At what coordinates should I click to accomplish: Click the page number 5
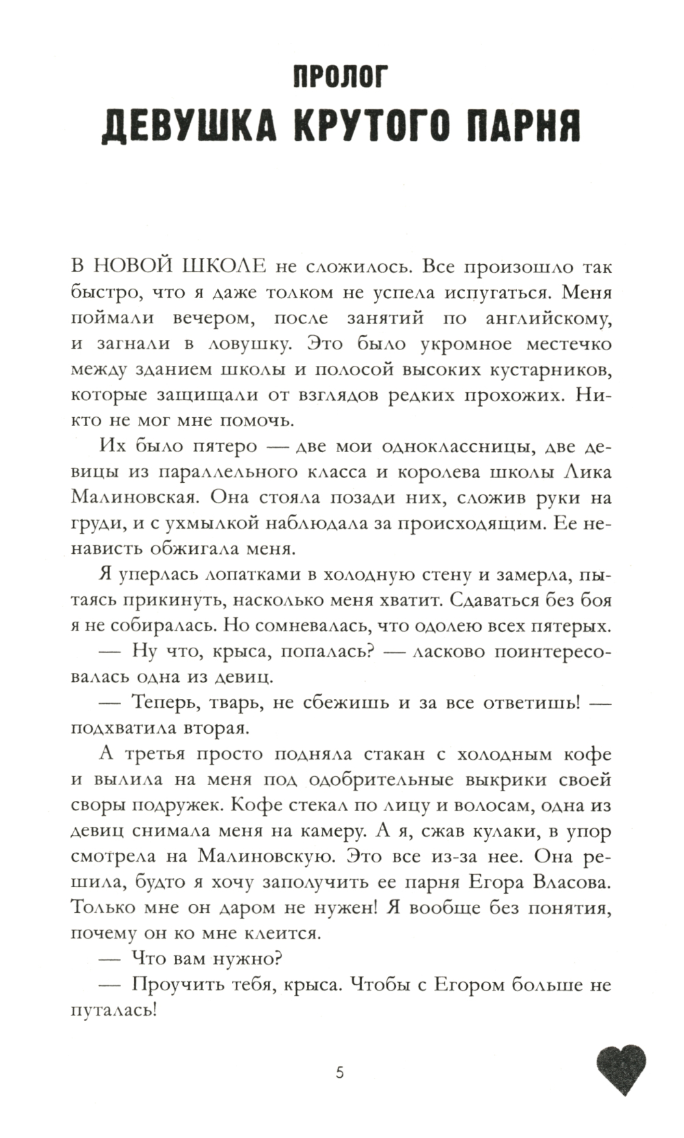point(340,1072)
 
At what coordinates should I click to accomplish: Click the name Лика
point(588,473)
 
